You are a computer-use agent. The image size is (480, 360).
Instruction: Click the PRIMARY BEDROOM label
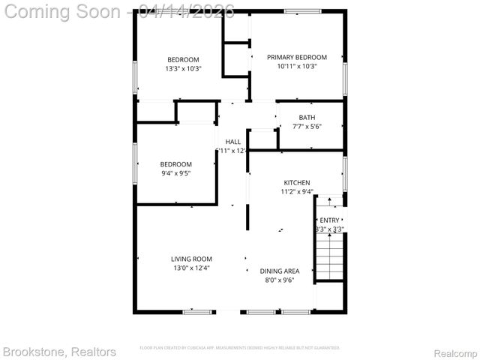coord(297,57)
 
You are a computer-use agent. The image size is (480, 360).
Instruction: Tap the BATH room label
coord(307,117)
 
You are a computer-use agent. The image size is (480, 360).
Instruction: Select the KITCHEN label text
coord(296,182)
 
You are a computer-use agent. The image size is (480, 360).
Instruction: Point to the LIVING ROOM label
coord(191,259)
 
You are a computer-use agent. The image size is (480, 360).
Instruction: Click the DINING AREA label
coord(280,271)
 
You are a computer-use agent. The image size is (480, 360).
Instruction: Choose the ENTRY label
coord(329,220)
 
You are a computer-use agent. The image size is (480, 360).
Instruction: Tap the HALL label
coord(232,141)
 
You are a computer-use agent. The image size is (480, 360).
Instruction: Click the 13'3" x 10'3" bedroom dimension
coord(183,69)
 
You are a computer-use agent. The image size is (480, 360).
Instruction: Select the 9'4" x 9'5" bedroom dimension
coord(175,173)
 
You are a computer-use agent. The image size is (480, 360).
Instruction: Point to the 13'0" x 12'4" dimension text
coord(191,268)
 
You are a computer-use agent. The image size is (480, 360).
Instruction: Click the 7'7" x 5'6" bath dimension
coord(307,126)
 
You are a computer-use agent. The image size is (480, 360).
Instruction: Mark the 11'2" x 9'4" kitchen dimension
coord(296,191)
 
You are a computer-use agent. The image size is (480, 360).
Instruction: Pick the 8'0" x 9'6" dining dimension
coord(280,280)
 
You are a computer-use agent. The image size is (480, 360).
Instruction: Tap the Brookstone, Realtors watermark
coord(59,351)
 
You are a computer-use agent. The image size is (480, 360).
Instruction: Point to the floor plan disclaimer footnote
coord(240,348)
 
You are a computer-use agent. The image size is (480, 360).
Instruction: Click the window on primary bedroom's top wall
coord(298,10)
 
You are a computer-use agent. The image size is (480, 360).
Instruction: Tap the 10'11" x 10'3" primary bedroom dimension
coord(297,66)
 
